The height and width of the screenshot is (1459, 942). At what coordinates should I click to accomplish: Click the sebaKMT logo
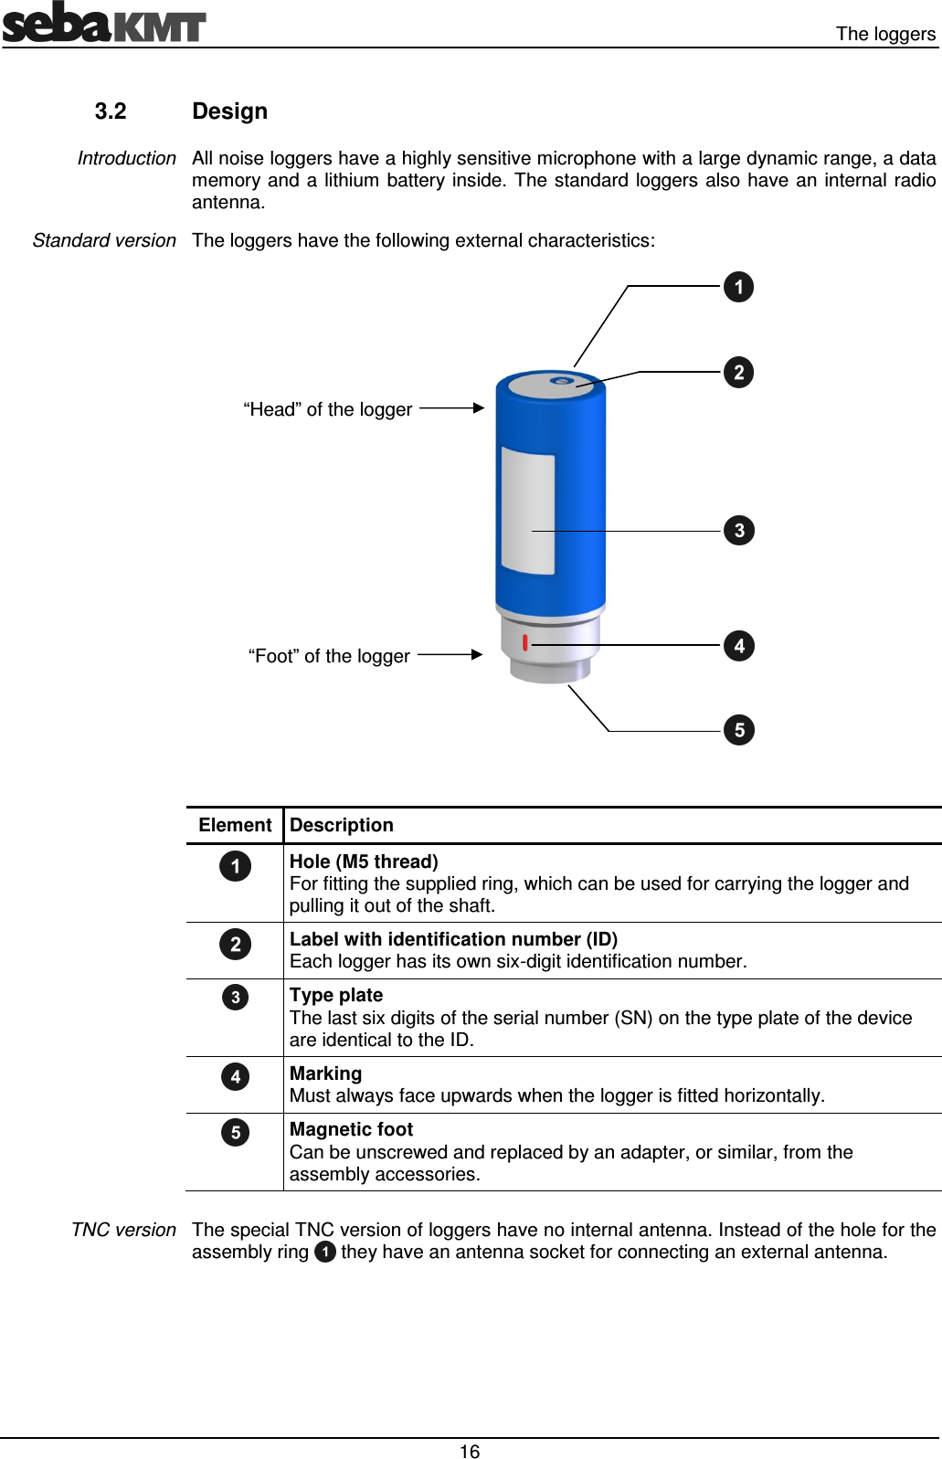tap(103, 24)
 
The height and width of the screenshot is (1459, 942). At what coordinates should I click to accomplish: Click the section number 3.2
tap(111, 111)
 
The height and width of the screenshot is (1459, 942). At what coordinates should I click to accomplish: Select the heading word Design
tap(229, 111)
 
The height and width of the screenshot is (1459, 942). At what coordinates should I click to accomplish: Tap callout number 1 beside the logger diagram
tap(738, 287)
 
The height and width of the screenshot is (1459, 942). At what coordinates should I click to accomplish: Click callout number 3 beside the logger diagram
tap(738, 530)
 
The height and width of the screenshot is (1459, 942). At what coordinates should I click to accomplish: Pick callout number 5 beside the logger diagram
tap(738, 730)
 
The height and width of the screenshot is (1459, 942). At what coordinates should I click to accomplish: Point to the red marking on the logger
tap(525, 642)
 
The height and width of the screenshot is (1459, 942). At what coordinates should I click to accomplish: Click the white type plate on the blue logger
tap(528, 512)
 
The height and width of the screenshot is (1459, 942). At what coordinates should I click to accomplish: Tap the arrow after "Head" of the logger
tap(452, 408)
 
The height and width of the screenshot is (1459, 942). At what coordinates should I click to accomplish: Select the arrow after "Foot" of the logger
tap(450, 655)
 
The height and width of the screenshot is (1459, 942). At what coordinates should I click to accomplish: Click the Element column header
tap(235, 825)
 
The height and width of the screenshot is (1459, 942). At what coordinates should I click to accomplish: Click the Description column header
tap(342, 825)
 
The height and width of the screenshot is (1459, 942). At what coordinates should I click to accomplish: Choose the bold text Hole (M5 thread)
tap(364, 862)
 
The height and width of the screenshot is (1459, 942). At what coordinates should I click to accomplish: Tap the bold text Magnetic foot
tap(351, 1129)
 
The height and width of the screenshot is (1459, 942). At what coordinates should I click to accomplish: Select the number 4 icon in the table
tap(235, 1076)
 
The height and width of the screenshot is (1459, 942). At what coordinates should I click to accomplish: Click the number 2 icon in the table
tap(235, 944)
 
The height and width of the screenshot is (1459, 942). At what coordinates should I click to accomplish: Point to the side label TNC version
tap(123, 1230)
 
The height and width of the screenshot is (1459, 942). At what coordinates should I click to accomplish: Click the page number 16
tap(470, 1452)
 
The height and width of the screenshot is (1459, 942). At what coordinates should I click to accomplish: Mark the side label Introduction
tap(126, 158)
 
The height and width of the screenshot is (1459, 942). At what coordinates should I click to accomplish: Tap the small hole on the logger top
tap(562, 381)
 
